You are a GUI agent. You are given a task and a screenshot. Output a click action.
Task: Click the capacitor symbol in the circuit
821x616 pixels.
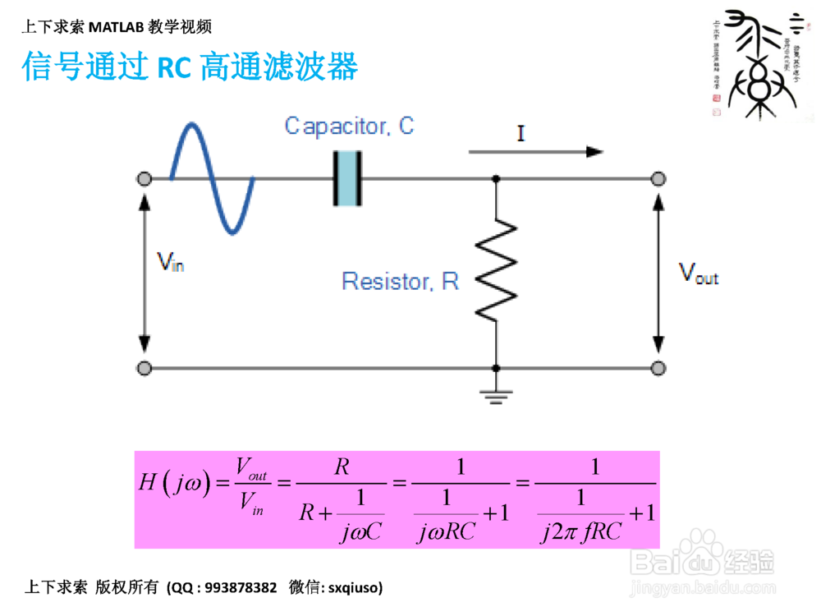347,178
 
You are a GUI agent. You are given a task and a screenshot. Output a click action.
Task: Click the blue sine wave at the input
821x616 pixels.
212,178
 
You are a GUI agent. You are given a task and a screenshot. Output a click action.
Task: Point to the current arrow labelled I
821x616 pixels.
535,151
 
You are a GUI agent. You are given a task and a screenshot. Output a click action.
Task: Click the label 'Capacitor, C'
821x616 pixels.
349,126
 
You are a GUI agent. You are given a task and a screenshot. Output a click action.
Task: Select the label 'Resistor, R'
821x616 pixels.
400,282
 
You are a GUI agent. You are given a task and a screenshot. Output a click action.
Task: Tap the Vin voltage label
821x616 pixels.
170,262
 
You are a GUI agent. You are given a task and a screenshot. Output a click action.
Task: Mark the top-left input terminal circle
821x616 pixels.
144,179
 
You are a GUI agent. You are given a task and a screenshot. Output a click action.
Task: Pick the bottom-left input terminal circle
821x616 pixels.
144,368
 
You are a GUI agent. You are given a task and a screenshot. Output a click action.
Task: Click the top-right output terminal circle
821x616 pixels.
658,179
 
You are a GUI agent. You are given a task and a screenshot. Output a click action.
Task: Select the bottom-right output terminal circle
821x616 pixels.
658,368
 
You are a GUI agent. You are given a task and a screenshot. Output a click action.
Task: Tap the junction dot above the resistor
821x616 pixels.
496,179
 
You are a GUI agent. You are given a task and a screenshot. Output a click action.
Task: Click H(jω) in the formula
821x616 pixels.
173,484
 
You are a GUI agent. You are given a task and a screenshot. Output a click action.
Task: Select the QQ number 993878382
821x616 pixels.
241,588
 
